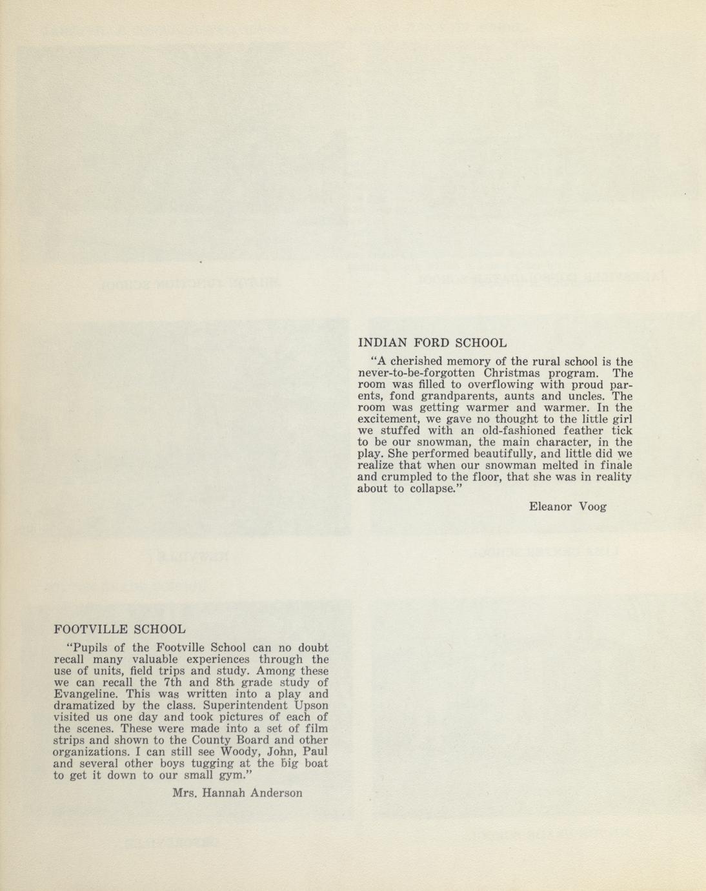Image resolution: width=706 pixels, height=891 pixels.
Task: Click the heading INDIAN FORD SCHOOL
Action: point(432,343)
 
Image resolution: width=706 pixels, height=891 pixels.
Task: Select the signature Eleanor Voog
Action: point(567,507)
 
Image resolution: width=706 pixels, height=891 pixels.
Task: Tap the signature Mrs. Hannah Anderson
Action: point(237,793)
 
